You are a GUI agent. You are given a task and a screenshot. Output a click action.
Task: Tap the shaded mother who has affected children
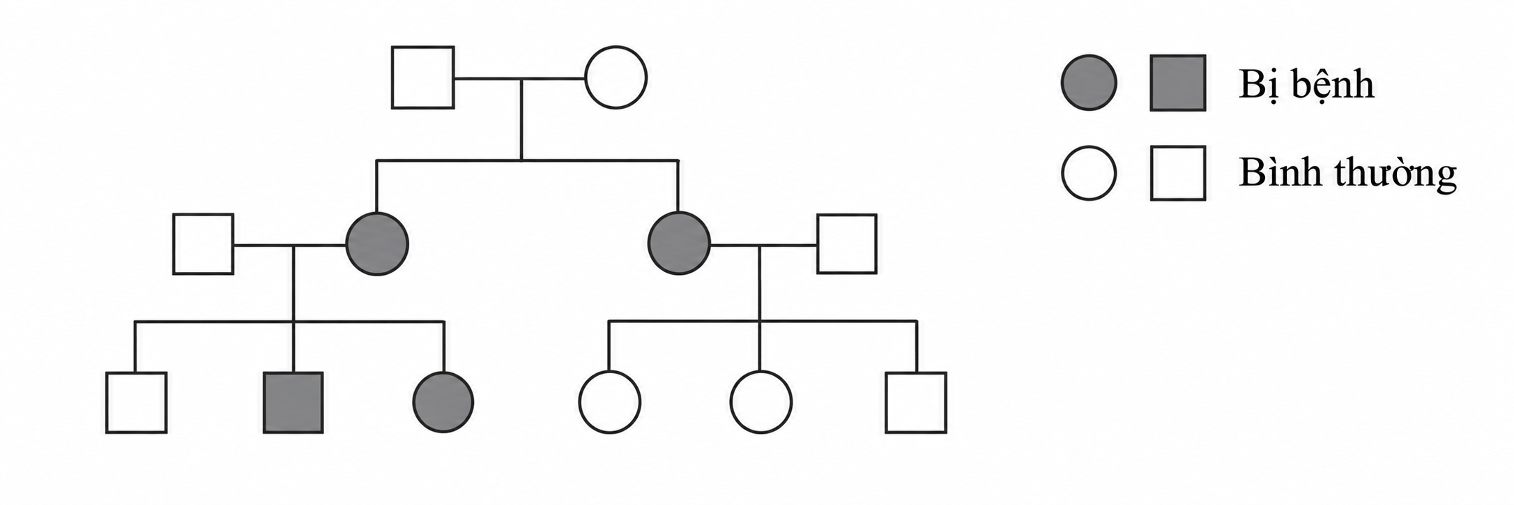pos(377,244)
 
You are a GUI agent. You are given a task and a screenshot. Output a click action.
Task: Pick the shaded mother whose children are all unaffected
pos(679,244)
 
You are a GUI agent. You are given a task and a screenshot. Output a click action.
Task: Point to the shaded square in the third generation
pos(293,402)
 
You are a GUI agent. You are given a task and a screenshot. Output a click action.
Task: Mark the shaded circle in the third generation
pos(443,402)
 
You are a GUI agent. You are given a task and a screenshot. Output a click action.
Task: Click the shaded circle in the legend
pos(1088,83)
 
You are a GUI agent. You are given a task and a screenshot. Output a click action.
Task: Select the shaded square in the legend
pos(1178,83)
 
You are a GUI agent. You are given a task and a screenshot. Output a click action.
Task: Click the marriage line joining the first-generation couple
pos(519,78)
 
